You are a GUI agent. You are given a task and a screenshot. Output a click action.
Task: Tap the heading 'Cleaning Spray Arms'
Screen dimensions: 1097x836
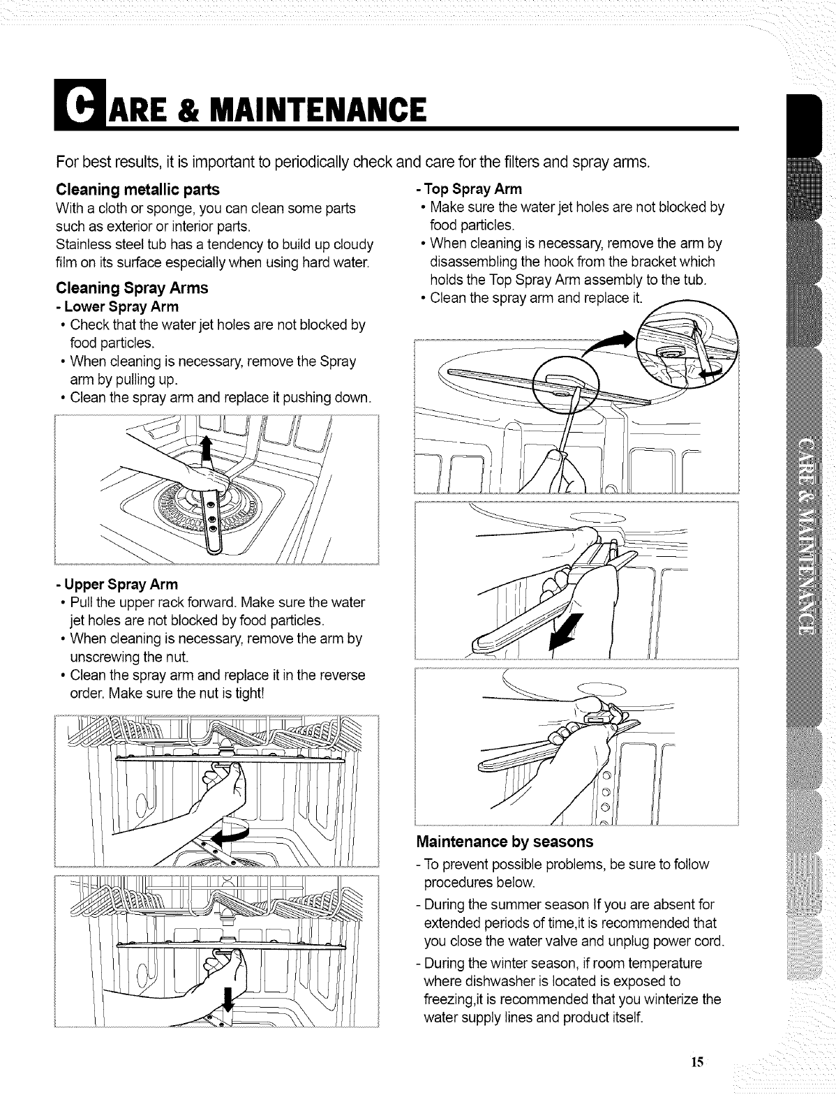(x=131, y=288)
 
